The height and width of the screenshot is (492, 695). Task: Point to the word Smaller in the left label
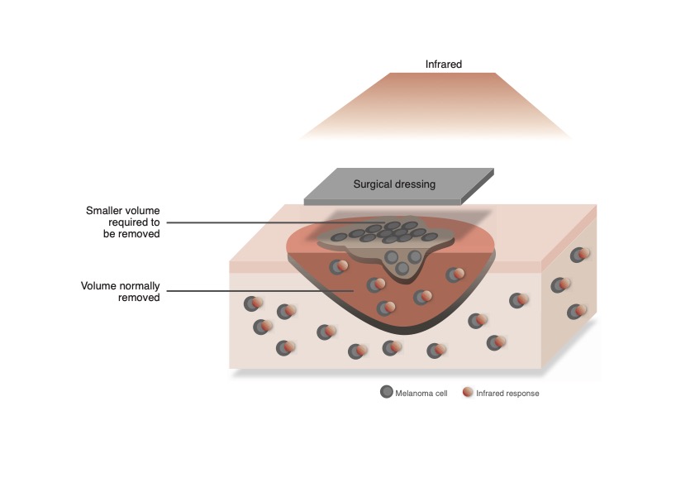105,211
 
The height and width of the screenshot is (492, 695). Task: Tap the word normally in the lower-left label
137,286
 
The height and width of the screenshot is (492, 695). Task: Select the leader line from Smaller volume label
248,222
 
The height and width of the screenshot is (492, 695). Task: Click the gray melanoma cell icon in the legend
386,392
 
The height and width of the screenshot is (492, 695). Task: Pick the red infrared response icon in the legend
468,392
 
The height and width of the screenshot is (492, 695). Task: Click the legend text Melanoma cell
421,394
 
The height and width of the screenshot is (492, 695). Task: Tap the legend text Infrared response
507,394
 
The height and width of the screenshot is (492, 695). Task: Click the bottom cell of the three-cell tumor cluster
402,268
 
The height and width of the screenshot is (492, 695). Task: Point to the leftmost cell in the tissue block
252,304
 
